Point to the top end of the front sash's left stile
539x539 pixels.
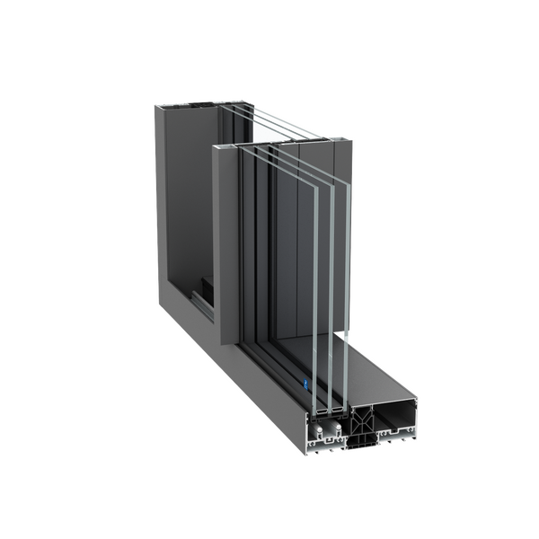click(x=227, y=143)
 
